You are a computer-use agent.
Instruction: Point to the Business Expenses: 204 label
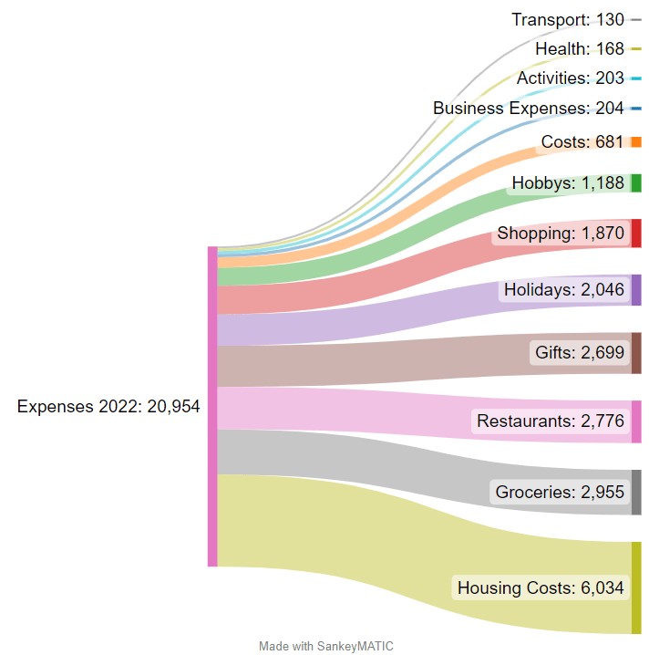coord(528,108)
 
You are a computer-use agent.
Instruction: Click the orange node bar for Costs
coord(636,142)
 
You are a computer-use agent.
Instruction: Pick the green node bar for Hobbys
coord(636,182)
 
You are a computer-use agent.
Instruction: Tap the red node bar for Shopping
coord(636,234)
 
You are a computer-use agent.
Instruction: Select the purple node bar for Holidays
coord(636,290)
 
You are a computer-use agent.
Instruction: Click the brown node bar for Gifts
coord(636,353)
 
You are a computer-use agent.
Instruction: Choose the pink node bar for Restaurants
coord(636,421)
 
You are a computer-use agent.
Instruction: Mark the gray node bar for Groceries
coord(636,493)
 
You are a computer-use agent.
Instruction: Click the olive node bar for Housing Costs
coord(636,587)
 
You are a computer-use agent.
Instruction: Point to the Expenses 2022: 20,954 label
coord(108,407)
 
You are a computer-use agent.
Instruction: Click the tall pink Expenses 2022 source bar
coord(212,407)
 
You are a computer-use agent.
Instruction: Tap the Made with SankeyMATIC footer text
coord(325,646)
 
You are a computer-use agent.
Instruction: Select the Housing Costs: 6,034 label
coord(541,588)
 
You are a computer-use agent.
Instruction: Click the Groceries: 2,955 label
coord(560,493)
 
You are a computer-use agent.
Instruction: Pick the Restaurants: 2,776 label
coord(550,421)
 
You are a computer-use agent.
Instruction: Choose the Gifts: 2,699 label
coord(579,352)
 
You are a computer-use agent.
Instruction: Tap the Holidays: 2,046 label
coord(563,290)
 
